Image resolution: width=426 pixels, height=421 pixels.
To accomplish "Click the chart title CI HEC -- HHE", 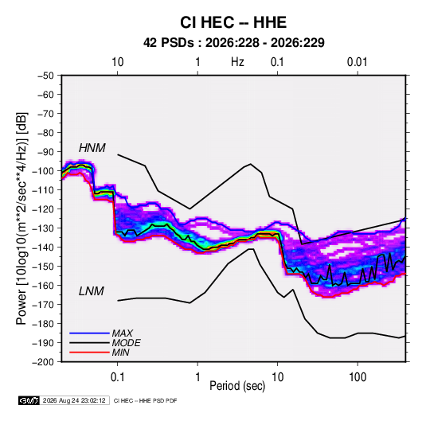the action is pyautogui.click(x=233, y=22).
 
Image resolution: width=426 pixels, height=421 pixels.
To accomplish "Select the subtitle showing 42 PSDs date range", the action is pyautogui.click(x=234, y=43).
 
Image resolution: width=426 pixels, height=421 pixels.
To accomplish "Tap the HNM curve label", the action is pyautogui.click(x=92, y=148).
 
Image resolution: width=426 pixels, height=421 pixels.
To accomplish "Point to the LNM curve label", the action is pyautogui.click(x=92, y=291).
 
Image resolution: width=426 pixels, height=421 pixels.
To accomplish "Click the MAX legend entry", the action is pyautogui.click(x=123, y=333).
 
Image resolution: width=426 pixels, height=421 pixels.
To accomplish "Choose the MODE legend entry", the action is pyautogui.click(x=127, y=343).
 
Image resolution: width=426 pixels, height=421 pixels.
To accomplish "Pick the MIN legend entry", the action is pyautogui.click(x=120, y=353).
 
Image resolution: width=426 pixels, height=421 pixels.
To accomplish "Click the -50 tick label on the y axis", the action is pyautogui.click(x=46, y=76).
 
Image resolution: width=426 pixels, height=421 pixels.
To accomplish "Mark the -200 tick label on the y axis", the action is pyautogui.click(x=43, y=362).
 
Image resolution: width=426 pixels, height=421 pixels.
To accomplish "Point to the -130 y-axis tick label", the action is pyautogui.click(x=43, y=228).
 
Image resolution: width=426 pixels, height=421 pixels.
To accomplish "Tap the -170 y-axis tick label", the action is pyautogui.click(x=43, y=305).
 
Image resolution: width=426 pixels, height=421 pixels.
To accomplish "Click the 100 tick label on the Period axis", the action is pyautogui.click(x=358, y=377).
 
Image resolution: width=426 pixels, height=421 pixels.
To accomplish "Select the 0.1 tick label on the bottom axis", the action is pyautogui.click(x=117, y=377).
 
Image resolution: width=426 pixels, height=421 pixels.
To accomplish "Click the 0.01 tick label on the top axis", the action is pyautogui.click(x=358, y=62).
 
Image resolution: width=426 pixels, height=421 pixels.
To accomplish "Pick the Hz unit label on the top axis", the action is pyautogui.click(x=237, y=62).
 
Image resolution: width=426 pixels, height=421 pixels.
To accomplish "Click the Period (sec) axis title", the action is pyautogui.click(x=237, y=386).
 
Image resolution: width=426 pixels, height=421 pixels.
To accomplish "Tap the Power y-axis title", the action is pyautogui.click(x=22, y=219).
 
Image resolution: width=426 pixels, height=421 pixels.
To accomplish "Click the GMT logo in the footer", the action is pyautogui.click(x=29, y=400).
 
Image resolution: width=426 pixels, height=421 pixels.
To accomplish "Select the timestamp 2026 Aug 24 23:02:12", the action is pyautogui.click(x=74, y=400).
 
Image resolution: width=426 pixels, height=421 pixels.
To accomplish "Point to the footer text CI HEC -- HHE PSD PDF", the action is pyautogui.click(x=146, y=400).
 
